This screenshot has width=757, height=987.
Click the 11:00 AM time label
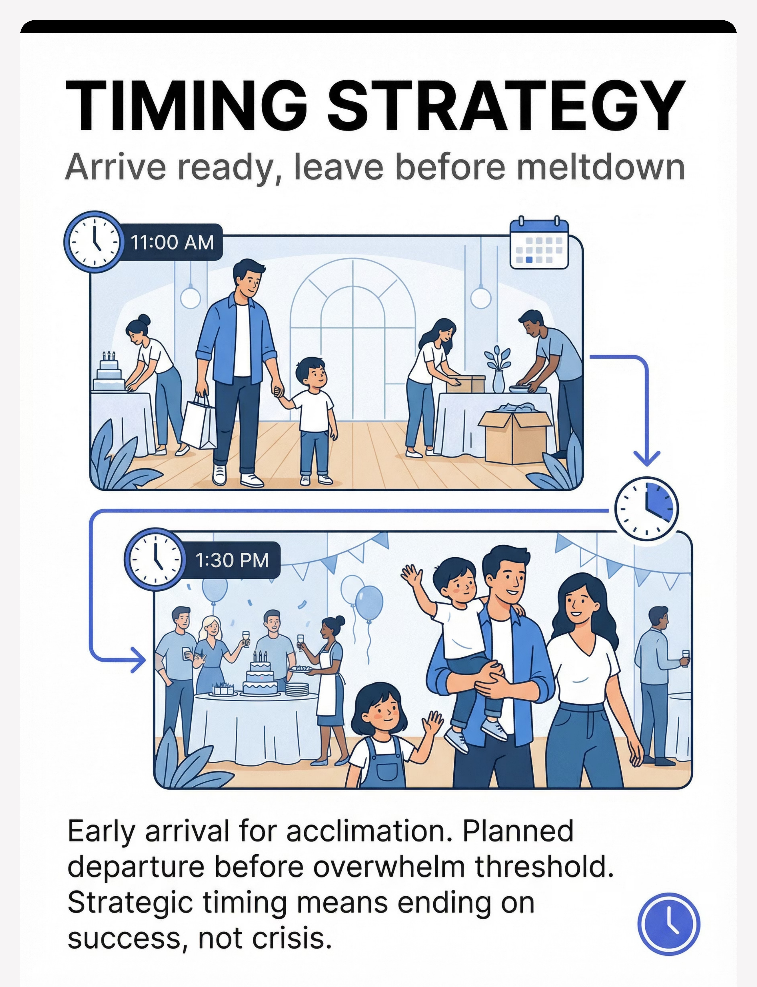172,243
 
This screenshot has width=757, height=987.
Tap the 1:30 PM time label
232,560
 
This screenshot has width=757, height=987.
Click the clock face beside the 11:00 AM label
94,242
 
